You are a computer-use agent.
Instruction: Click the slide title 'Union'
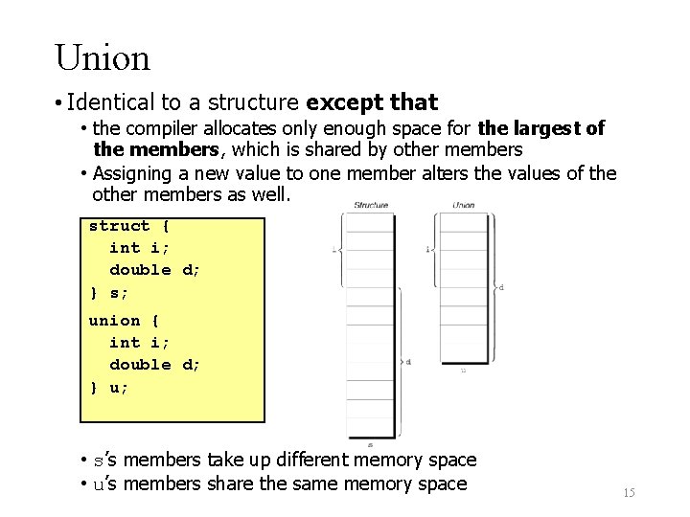(103, 58)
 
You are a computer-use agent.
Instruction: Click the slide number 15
(629, 492)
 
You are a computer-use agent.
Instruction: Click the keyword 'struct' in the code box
(119, 226)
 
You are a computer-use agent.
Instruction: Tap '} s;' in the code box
(108, 291)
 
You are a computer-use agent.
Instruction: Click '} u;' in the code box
(108, 387)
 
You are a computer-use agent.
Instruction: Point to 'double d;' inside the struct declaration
(155, 270)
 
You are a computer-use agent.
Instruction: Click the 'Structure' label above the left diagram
(371, 205)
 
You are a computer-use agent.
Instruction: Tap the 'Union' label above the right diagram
(464, 205)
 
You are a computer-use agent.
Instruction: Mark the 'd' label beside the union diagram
(501, 286)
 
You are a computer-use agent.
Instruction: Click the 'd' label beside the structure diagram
(408, 362)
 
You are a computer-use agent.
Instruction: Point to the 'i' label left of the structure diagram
(333, 250)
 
